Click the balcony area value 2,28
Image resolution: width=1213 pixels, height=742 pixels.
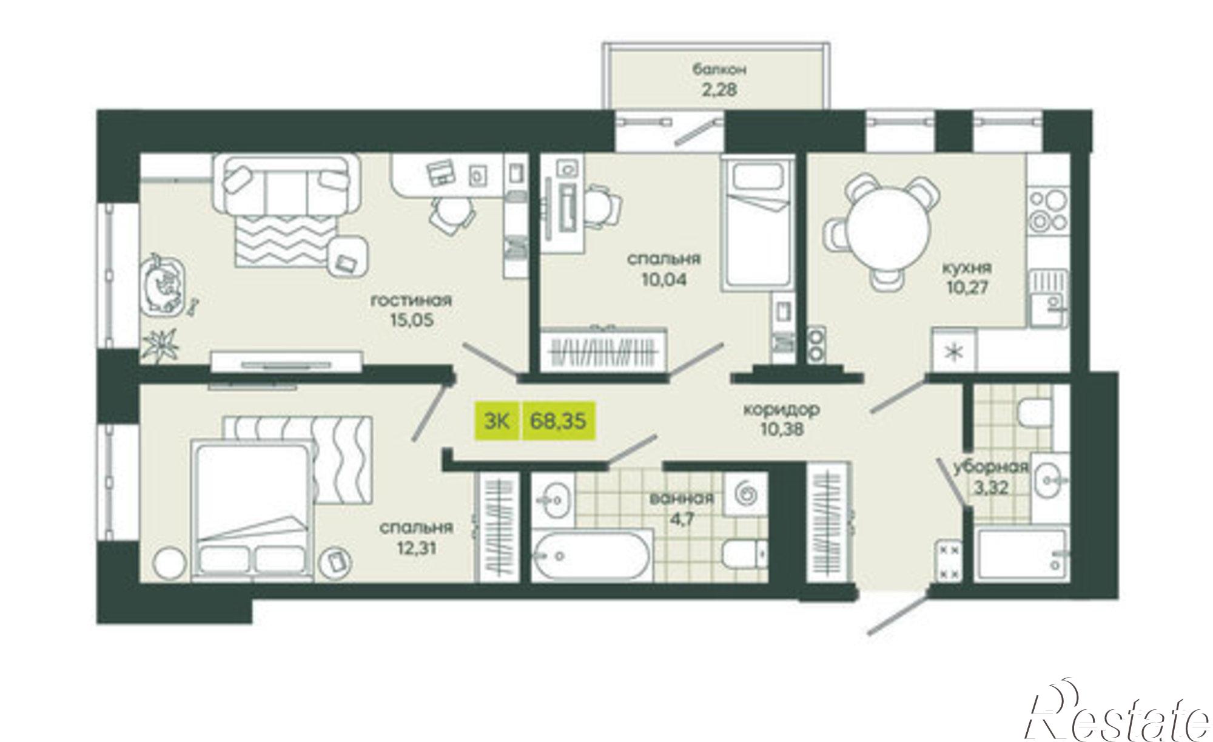pos(720,91)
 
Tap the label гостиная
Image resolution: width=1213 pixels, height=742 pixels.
pos(412,300)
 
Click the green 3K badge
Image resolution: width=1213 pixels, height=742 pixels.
pos(497,420)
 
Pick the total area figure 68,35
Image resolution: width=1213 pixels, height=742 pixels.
pos(558,420)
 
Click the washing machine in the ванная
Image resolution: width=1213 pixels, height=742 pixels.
pos(747,494)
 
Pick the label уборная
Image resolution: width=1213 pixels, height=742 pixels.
pos(991,467)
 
